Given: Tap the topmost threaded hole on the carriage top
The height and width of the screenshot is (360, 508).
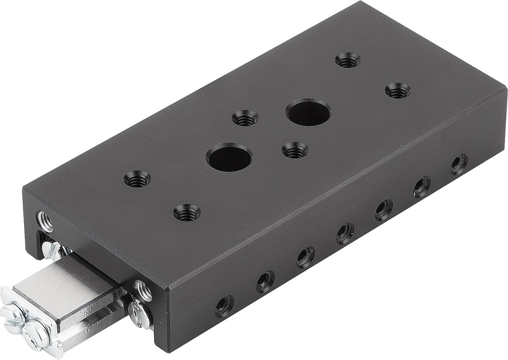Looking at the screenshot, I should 348,60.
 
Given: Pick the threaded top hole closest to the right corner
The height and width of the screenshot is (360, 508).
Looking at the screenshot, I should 398,91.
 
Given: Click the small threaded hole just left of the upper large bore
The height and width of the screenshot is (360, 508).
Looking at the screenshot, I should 245,118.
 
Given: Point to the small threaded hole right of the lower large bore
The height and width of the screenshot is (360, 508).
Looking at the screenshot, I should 295,150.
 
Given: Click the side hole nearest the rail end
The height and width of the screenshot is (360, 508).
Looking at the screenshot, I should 224,306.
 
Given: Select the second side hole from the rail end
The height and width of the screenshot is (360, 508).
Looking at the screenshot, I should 265,281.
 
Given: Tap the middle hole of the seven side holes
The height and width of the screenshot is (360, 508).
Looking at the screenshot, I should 345,233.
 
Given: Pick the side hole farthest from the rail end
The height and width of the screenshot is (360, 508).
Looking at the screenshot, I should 459,164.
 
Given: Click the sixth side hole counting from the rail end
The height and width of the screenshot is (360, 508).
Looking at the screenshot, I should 422,187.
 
